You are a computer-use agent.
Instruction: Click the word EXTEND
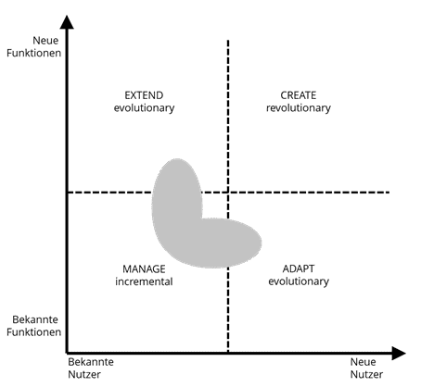click(144, 95)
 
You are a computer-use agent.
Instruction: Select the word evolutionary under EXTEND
click(144, 108)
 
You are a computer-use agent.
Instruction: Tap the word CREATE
click(299, 95)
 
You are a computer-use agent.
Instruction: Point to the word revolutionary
click(299, 108)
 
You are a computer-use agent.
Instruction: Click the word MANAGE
click(144, 269)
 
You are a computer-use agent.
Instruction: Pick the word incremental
click(144, 281)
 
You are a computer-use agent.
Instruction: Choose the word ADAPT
click(299, 268)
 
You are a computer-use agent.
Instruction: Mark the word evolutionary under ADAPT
click(299, 281)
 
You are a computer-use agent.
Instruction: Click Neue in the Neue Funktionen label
click(45, 41)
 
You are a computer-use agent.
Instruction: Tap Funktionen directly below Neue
click(34, 53)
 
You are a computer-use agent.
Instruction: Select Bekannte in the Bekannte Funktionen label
click(35, 319)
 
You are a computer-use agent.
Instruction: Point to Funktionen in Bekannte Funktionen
click(34, 332)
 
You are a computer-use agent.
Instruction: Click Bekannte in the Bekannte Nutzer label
click(91, 362)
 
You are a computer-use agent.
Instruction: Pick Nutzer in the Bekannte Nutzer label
click(84, 374)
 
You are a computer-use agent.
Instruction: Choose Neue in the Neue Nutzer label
click(364, 362)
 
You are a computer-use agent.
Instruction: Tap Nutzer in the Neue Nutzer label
click(366, 374)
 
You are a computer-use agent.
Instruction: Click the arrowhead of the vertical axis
click(67, 22)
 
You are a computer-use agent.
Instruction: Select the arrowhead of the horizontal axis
click(399, 353)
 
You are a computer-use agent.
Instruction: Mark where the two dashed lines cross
click(228, 193)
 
